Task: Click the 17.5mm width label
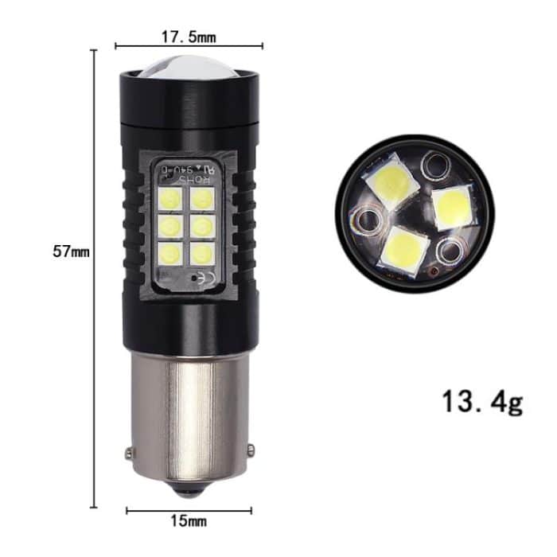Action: [189, 37]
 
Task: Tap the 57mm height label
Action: [71, 252]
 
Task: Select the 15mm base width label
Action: [189, 521]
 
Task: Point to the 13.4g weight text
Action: [483, 403]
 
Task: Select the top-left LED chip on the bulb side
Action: [172, 197]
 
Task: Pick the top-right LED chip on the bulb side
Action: [202, 197]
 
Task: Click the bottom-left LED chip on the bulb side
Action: [172, 254]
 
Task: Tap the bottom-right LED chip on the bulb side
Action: [202, 254]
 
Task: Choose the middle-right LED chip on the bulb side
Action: [202, 226]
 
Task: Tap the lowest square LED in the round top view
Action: [403, 248]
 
